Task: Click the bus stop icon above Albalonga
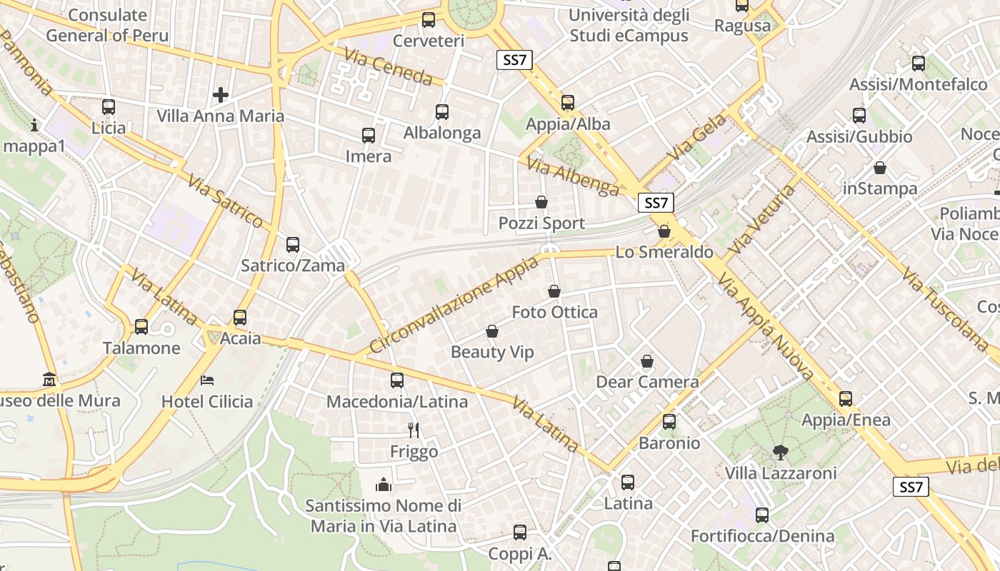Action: [442, 111]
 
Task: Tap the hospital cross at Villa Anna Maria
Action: [221, 94]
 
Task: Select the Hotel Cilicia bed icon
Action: [207, 380]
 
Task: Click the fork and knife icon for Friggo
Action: [414, 430]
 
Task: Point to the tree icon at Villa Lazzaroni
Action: [780, 452]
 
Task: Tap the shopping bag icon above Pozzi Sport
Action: [541, 202]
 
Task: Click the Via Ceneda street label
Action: [389, 66]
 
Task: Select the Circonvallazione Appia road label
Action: [454, 305]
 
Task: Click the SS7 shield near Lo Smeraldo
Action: [656, 203]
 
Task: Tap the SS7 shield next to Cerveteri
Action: [514, 60]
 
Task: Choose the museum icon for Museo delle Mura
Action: [49, 379]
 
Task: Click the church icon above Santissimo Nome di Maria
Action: [384, 485]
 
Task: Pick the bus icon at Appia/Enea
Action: [846, 399]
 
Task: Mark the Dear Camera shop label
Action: [647, 382]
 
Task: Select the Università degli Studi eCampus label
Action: [629, 25]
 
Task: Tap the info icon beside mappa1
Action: [34, 126]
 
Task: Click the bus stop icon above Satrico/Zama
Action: [293, 245]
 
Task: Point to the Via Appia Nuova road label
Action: [766, 325]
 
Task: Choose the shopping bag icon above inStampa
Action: [880, 168]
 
